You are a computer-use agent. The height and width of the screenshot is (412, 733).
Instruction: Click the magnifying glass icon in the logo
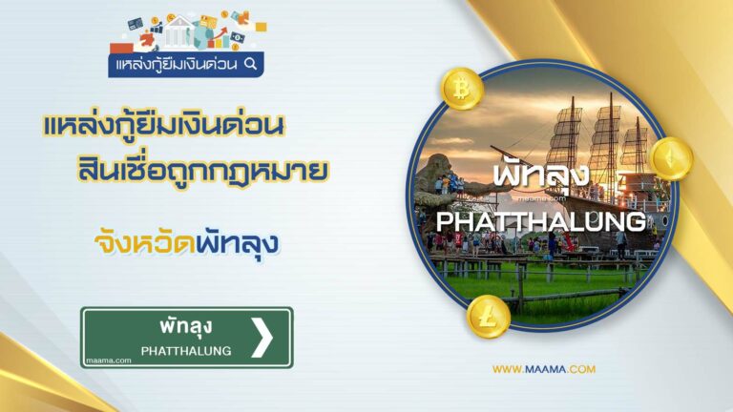coord(251,64)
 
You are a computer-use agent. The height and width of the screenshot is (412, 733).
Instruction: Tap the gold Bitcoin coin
coord(461,89)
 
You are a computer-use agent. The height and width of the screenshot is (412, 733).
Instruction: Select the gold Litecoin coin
coord(488,318)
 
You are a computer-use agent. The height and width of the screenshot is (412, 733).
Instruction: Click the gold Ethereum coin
coord(672,159)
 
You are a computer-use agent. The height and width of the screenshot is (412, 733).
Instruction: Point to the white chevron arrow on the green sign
coord(262,338)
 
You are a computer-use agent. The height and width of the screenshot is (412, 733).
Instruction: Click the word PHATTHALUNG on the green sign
coord(186,351)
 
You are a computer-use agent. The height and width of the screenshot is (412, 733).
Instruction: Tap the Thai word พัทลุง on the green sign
coord(186,326)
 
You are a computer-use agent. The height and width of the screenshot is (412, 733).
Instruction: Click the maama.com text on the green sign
coord(109,360)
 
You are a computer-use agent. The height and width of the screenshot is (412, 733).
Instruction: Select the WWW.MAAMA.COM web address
coord(544,369)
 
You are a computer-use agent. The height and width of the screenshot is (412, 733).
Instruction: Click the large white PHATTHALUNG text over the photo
coord(540,221)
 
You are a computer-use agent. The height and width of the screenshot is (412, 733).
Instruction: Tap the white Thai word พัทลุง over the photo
coord(541,176)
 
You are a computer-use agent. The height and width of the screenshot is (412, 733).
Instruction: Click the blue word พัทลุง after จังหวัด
coord(238,243)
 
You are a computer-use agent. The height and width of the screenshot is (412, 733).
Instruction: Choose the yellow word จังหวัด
coord(145,243)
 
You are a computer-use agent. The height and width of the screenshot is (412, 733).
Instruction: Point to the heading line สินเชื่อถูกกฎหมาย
coord(202,170)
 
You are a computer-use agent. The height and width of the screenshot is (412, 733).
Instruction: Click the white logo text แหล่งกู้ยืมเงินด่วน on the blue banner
coord(177,64)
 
